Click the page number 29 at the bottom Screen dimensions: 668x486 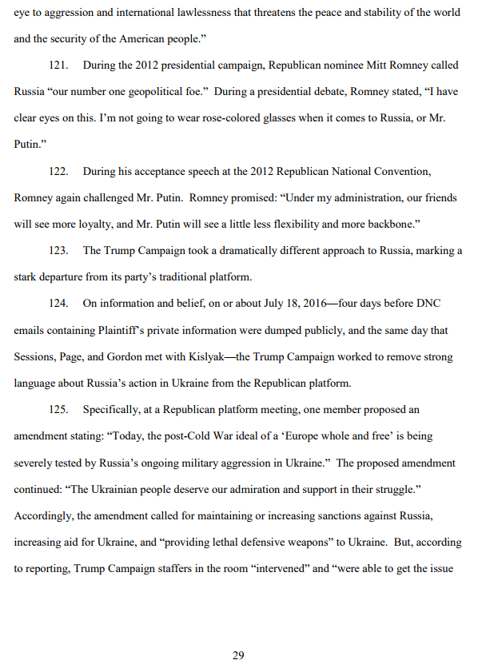(238, 655)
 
